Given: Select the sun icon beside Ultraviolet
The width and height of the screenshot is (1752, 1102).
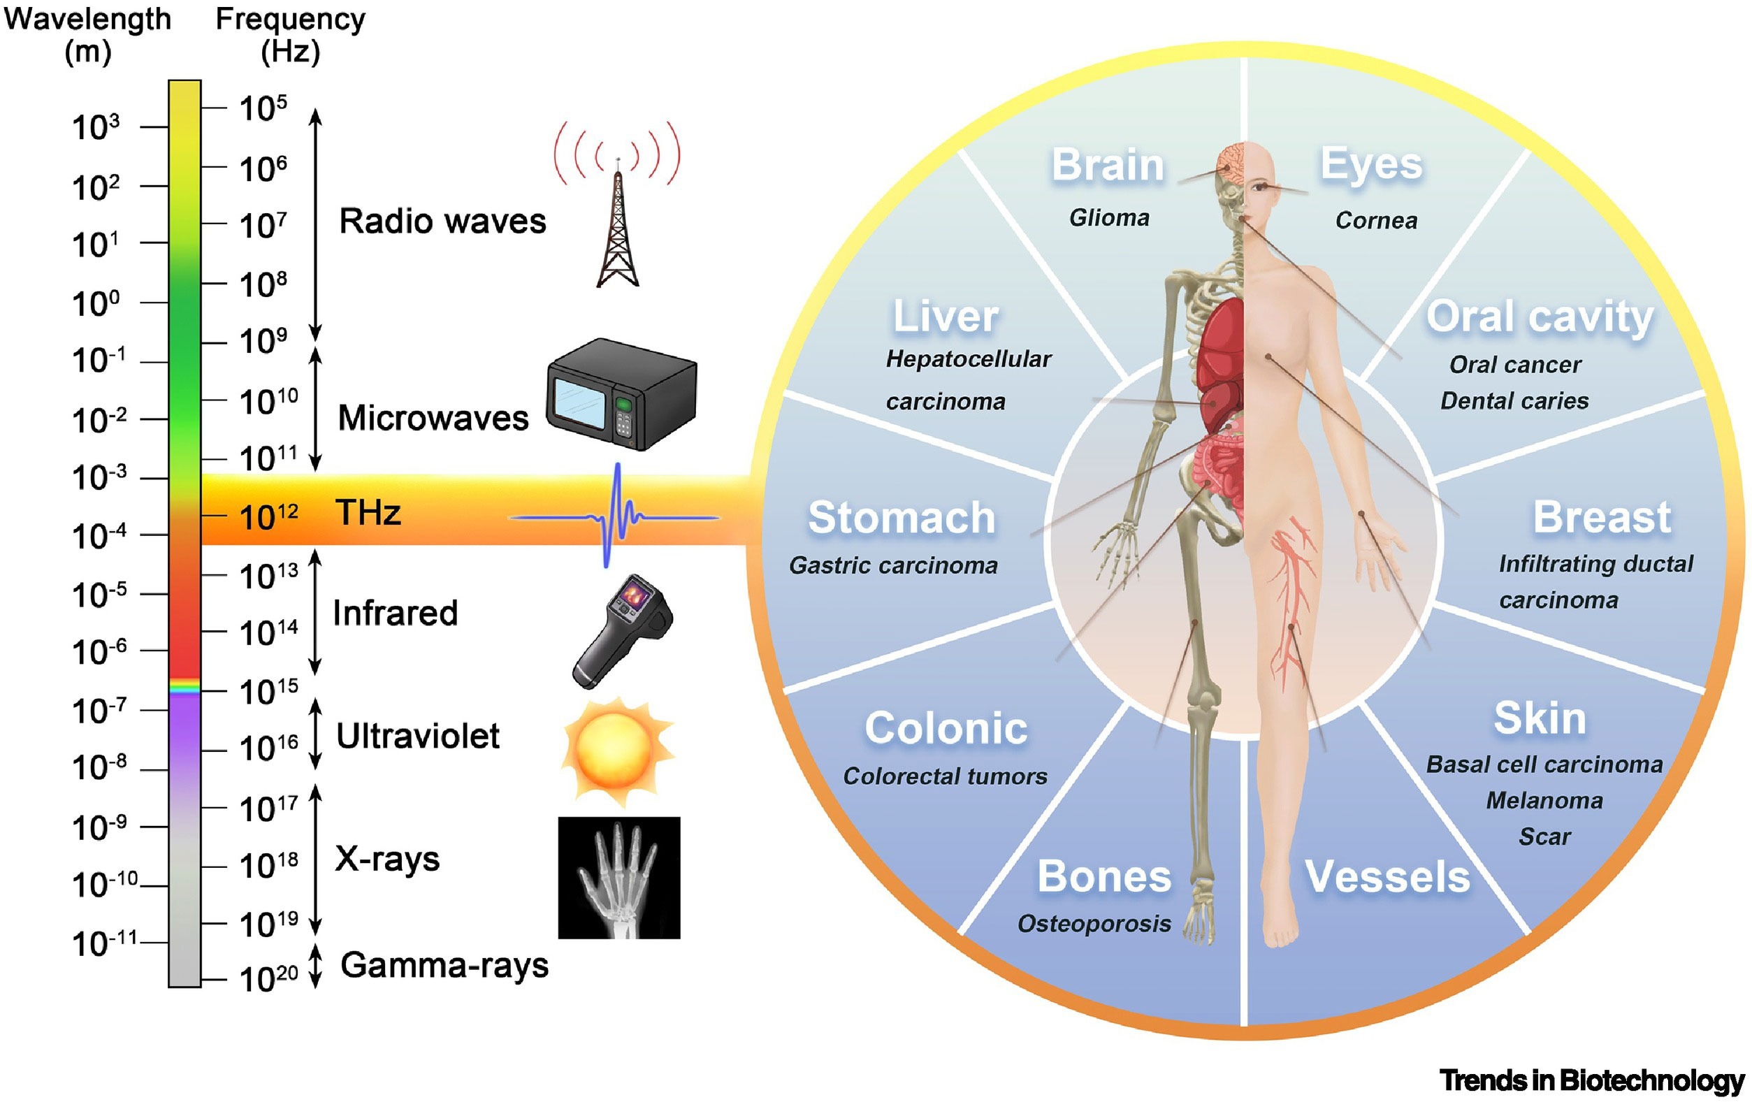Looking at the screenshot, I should [x=616, y=748].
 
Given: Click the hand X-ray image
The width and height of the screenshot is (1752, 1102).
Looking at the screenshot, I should [x=618, y=877].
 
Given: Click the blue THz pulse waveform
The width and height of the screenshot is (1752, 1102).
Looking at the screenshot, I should [x=615, y=516].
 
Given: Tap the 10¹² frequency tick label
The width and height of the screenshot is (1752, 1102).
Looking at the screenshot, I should [x=268, y=517].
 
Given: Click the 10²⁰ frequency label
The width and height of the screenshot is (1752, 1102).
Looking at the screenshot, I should [x=268, y=979].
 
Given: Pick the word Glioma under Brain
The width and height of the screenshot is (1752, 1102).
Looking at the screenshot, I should [x=1109, y=217].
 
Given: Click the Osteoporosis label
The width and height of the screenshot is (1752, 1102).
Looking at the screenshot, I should [x=1094, y=923].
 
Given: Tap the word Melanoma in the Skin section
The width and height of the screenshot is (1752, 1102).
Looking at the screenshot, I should [x=1544, y=800].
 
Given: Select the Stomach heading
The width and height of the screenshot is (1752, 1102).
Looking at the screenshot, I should [x=902, y=517].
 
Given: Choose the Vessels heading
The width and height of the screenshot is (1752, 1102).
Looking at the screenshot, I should [x=1387, y=876].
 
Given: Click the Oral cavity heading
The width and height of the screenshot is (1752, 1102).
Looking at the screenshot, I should [x=1540, y=317].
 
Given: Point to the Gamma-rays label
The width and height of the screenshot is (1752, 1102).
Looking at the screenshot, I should [x=444, y=965].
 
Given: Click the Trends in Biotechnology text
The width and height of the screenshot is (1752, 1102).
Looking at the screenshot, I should [x=1591, y=1080].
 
